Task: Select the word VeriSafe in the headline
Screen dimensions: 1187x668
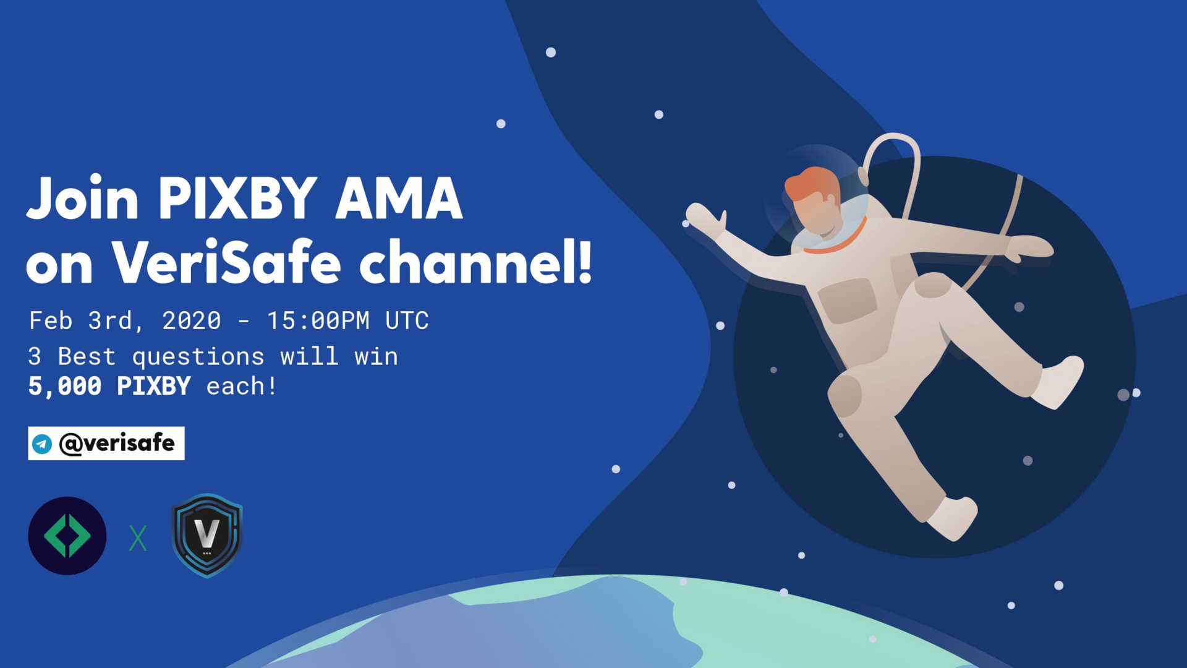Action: [226, 262]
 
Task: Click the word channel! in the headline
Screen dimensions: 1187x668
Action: [475, 262]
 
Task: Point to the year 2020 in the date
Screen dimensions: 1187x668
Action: [191, 320]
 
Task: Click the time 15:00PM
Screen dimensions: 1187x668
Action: [318, 320]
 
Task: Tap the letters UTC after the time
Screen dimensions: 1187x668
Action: [407, 320]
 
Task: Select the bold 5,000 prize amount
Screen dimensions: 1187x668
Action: [65, 387]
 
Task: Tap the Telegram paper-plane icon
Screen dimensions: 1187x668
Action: [42, 443]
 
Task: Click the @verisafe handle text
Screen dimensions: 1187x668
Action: [116, 443]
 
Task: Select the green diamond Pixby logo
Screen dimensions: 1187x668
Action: [67, 536]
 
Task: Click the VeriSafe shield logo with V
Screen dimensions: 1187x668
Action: [207, 535]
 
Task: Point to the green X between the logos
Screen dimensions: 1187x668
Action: [138, 538]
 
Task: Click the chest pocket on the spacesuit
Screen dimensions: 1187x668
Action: [847, 301]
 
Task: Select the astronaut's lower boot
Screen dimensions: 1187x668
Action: [952, 518]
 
